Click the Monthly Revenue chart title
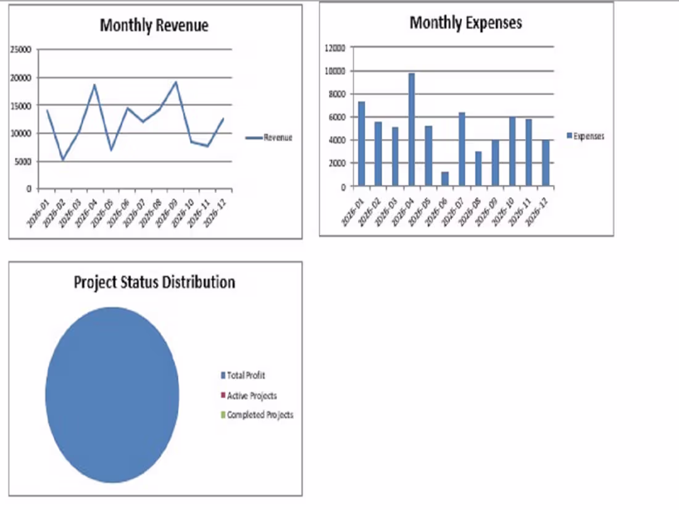pyautogui.click(x=154, y=25)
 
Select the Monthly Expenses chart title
pyautogui.click(x=465, y=23)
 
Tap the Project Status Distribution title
pyautogui.click(x=154, y=283)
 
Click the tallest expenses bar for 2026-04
pyautogui.click(x=411, y=130)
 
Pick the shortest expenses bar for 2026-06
pyautogui.click(x=444, y=179)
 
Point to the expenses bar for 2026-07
pyautogui.click(x=462, y=149)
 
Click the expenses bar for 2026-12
pyautogui.click(x=546, y=163)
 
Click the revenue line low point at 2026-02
pyautogui.click(x=63, y=159)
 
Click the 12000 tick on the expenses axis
pyautogui.click(x=335, y=48)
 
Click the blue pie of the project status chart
pyautogui.click(x=112, y=395)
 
